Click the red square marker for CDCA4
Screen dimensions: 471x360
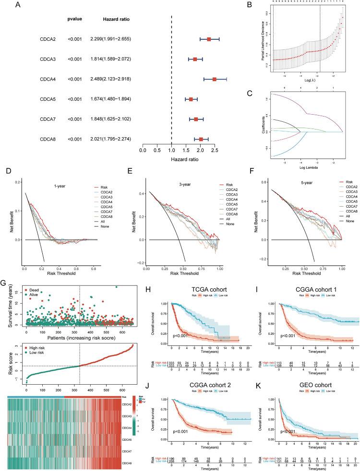pyautogui.click(x=214, y=79)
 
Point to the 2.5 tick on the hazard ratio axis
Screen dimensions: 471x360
pyautogui.click(x=215, y=150)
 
